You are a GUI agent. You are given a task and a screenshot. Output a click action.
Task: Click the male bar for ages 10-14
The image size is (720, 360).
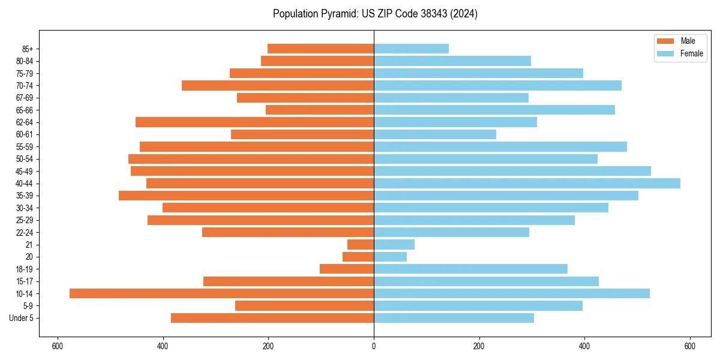[x=221, y=293]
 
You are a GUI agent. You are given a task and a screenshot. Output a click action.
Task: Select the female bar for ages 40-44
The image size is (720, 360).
[x=527, y=183]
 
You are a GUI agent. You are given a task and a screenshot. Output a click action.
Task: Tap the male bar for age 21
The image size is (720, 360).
[x=361, y=245]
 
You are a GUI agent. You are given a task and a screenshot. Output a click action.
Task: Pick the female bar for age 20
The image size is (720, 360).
[x=390, y=257]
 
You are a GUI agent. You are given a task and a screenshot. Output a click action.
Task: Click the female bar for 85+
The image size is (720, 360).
[x=411, y=49]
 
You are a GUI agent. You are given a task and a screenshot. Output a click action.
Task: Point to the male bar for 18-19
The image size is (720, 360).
[x=347, y=269]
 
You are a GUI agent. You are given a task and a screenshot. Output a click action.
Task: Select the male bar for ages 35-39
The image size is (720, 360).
[x=246, y=196]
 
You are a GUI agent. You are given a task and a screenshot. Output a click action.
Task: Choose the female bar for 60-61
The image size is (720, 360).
[x=435, y=134]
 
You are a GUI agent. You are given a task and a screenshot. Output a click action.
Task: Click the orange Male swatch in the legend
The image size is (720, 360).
[x=665, y=41]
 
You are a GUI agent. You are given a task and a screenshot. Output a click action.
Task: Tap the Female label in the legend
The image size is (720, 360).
[x=692, y=53]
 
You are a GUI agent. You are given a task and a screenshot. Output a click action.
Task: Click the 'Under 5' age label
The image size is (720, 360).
[x=21, y=318]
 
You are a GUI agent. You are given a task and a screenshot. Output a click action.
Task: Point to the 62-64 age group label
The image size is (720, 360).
[x=25, y=122]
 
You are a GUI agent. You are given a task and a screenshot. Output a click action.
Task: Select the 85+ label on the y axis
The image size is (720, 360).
[x=27, y=49]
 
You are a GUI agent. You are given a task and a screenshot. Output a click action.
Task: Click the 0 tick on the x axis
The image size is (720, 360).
[x=374, y=346]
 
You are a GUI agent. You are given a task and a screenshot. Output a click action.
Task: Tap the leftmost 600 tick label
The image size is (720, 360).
[x=58, y=346]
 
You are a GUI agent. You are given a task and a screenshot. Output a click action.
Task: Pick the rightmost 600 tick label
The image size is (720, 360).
[x=689, y=346]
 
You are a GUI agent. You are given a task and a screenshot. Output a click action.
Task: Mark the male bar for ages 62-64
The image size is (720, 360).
[x=254, y=122]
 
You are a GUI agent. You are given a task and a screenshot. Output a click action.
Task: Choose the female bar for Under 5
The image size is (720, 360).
[x=454, y=318]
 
